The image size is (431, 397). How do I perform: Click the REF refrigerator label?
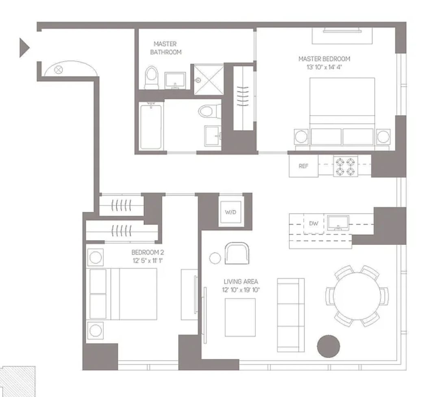[303, 166]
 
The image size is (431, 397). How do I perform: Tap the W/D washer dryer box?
[231, 212]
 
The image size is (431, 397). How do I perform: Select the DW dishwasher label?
[313, 224]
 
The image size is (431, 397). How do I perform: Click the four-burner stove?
[346, 166]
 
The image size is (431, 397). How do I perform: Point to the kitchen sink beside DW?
[338, 223]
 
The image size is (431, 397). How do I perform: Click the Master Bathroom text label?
[166, 48]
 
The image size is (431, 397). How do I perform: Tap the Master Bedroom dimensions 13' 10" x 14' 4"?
[324, 67]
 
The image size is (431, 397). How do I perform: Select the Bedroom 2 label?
[148, 252]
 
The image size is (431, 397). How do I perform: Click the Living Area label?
[241, 281]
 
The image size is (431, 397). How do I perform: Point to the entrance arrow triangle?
[24, 48]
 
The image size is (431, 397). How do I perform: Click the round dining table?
[357, 296]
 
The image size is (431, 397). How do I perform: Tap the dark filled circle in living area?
[329, 347]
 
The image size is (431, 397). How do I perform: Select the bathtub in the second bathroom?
[151, 126]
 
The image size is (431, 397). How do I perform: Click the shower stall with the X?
[209, 80]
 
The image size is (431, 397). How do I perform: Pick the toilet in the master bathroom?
[151, 78]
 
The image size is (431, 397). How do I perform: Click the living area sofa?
[291, 315]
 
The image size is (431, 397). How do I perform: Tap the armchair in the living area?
[237, 253]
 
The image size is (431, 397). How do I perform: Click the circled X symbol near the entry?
[58, 70]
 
